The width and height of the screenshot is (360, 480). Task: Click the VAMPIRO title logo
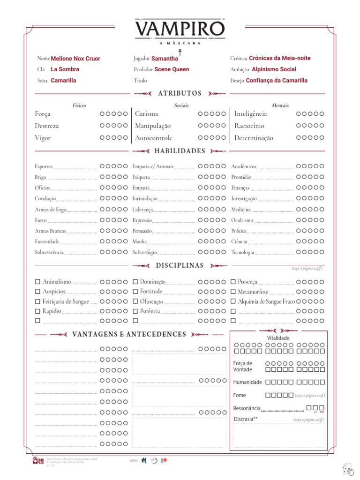click(180, 29)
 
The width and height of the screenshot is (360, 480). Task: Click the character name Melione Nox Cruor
click(75, 59)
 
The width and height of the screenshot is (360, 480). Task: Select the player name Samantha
click(165, 59)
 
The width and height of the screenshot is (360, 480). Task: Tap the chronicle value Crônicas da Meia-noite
click(279, 58)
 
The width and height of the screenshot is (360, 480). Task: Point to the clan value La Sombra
click(65, 69)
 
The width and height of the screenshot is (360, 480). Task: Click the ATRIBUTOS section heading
click(180, 93)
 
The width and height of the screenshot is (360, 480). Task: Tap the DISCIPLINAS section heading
click(180, 265)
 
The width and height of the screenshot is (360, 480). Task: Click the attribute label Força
click(43, 114)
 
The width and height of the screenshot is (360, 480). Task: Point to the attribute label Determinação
click(254, 138)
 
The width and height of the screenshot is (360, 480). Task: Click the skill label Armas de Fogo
click(51, 210)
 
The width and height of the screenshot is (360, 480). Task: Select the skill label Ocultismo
click(242, 220)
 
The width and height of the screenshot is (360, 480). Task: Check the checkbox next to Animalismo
click(37, 282)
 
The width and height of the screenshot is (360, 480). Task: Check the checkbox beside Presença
click(233, 282)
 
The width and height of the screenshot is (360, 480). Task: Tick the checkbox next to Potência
click(135, 311)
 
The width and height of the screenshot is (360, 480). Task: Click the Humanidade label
click(247, 382)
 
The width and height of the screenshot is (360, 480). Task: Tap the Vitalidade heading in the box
click(278, 338)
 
